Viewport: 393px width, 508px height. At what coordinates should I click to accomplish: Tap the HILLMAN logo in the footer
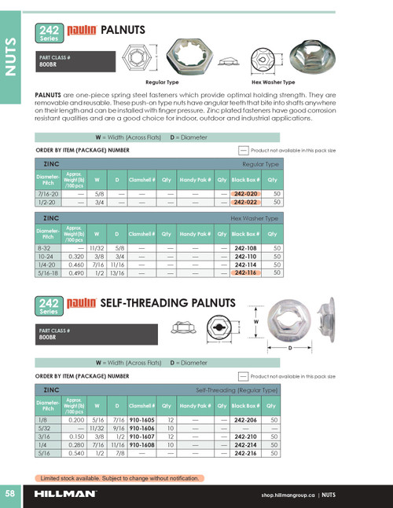click(66, 495)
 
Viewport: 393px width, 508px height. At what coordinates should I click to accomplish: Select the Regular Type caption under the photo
click(162, 82)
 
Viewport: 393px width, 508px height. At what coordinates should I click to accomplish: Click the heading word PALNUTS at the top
click(125, 31)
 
